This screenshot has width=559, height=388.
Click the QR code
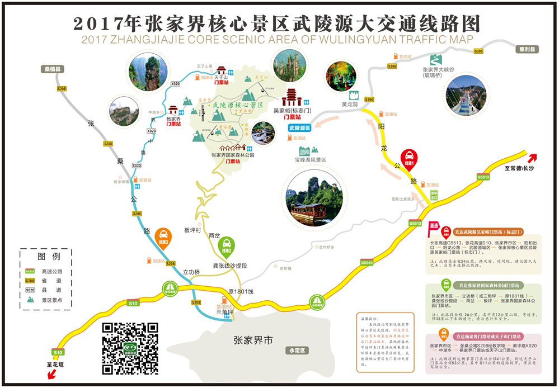pyautogui.click(x=130, y=348)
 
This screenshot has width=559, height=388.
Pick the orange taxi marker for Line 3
pyautogui.click(x=163, y=238)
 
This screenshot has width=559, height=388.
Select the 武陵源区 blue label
pyautogui.click(x=299, y=128)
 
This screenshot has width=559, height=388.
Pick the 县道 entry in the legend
pyautogui.click(x=48, y=290)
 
